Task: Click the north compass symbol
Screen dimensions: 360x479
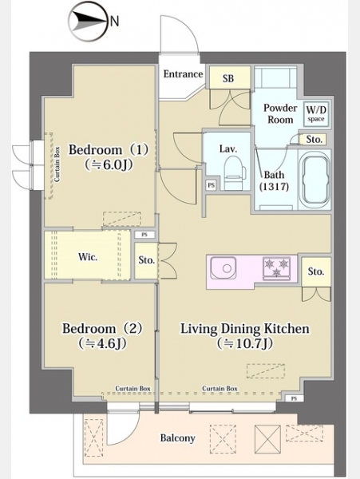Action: coord(89,22)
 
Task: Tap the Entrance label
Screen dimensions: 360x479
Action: coord(183,74)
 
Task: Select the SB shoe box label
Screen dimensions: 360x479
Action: coord(228,78)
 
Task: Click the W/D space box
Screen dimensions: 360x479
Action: coord(316,113)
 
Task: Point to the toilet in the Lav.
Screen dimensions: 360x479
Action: coord(235,172)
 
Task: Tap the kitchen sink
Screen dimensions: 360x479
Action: coord(224,268)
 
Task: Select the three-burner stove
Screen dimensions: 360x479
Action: coord(277,268)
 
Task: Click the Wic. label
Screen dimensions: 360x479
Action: coord(88,256)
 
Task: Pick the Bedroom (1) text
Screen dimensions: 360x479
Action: coord(109,150)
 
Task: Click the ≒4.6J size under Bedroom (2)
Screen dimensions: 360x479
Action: coord(102,343)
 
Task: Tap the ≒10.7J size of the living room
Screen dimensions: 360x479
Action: coord(245,343)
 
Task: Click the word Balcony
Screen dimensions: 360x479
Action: coord(177,438)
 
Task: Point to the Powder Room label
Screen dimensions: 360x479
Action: coord(280,113)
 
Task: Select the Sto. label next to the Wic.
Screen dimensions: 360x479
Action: coord(147,260)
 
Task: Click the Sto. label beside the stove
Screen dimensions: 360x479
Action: coord(316,271)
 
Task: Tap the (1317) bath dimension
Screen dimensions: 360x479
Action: coord(274,186)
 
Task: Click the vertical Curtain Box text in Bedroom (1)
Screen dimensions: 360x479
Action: coord(57,164)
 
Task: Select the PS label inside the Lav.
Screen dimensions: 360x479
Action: coord(211,185)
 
